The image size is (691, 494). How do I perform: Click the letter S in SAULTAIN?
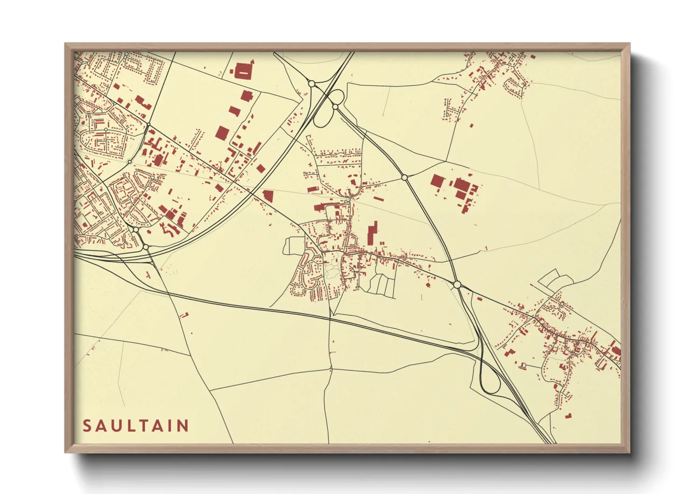(87, 426)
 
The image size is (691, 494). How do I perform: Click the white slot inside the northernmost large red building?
(243, 73)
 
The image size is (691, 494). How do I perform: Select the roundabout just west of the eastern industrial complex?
(404, 177)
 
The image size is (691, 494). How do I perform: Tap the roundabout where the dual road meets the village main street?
(457, 284)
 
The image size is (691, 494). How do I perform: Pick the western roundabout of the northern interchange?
(311, 84)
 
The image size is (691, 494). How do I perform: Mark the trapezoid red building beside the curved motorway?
(268, 195)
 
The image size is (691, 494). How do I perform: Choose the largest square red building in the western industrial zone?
(222, 133)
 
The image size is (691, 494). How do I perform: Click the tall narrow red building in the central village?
(372, 233)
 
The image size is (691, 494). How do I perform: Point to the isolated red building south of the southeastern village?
(568, 416)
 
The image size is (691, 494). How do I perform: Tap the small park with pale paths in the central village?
(332, 266)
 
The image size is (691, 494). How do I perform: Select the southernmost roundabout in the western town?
(146, 247)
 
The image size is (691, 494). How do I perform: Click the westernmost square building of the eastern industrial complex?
(437, 181)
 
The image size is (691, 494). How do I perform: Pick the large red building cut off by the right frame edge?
(616, 352)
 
